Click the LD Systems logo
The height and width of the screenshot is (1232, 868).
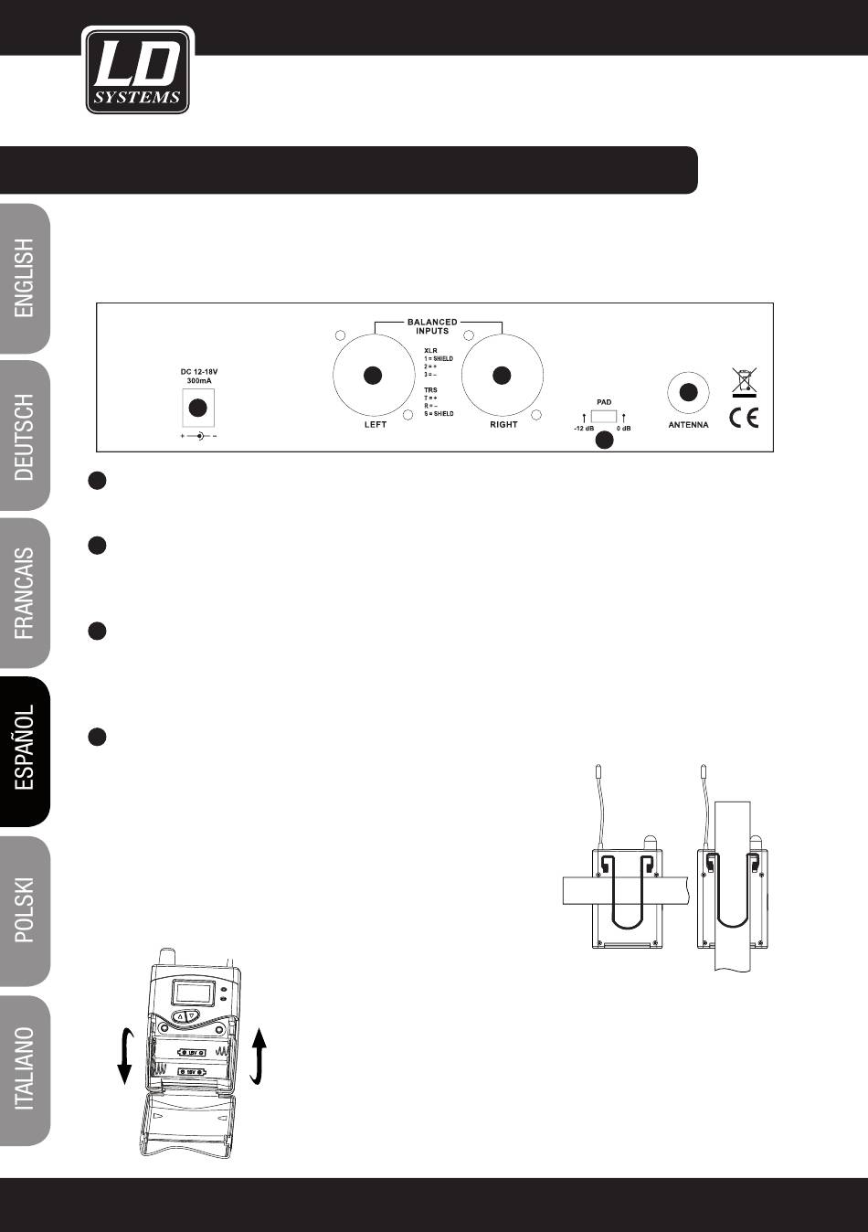(x=138, y=70)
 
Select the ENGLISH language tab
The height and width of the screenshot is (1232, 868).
(x=26, y=278)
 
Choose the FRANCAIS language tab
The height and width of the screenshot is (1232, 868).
(x=26, y=593)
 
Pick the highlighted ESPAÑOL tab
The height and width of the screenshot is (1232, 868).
(x=26, y=751)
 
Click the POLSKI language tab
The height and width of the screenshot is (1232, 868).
(x=26, y=910)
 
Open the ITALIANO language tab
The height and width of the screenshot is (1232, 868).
(x=26, y=1068)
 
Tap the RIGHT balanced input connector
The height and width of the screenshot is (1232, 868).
(x=500, y=376)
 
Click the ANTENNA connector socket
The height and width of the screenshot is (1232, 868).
(x=690, y=393)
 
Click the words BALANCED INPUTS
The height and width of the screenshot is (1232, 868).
(x=432, y=326)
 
